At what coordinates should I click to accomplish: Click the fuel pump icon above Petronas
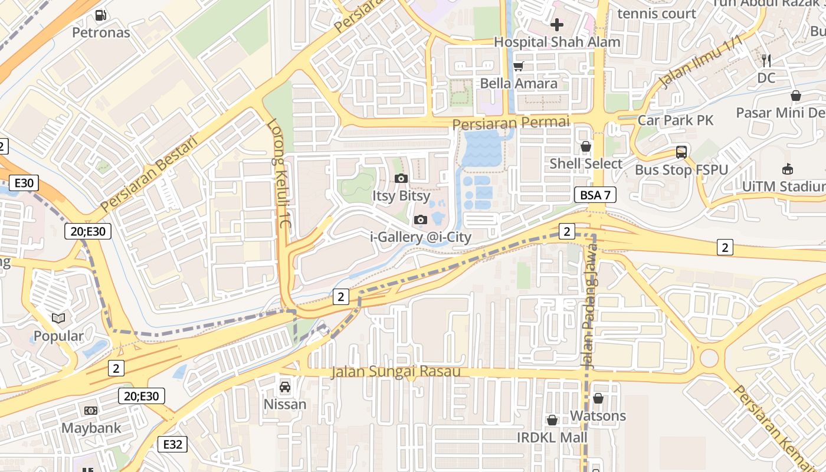coord(101,15)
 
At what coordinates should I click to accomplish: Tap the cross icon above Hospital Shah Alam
coord(556,25)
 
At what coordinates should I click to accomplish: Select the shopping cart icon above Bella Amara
coord(518,66)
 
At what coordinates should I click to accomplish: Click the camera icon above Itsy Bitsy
coord(401,178)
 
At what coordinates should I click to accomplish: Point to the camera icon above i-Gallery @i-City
coord(421,220)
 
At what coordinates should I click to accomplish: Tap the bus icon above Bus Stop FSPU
coord(681,152)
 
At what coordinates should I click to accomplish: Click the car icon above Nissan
coord(285,387)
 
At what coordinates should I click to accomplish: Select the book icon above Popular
coord(58,319)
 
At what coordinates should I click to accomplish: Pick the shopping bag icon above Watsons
coord(598,398)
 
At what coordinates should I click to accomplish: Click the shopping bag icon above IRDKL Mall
coord(552,420)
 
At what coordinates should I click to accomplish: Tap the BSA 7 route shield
coord(595,195)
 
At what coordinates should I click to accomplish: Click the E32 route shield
coord(172,444)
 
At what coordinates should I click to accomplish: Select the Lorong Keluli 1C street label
coord(280,175)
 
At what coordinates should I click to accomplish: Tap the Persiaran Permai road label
coord(511,123)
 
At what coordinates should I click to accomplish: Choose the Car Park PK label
coord(676,120)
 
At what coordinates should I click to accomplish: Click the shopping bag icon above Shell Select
coord(586,146)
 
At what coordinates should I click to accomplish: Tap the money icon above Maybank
coord(90,410)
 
